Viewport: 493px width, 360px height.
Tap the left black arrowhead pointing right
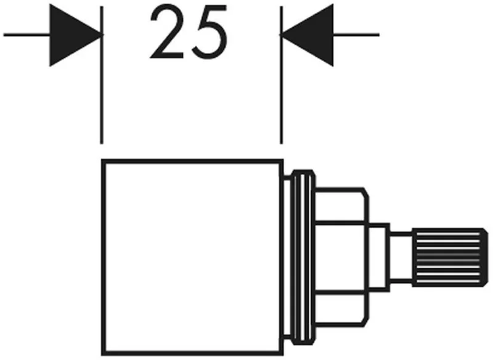pyautogui.click(x=75, y=35)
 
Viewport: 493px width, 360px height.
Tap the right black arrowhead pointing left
pyautogui.click(x=307, y=35)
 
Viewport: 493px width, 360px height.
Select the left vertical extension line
pyautogui.click(x=102, y=75)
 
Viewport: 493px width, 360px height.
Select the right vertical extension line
pyautogui.click(x=282, y=75)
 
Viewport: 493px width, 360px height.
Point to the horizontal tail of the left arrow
pyautogui.click(x=26, y=35)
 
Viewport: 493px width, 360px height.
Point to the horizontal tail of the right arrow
pyautogui.click(x=356, y=35)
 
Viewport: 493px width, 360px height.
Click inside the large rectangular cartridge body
pyautogui.click(x=192, y=257)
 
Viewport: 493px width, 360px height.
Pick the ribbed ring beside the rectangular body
pyautogui.click(x=303, y=257)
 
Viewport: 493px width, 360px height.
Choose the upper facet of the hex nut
pyautogui.click(x=341, y=206)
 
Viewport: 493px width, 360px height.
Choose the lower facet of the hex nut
pyautogui.click(x=341, y=309)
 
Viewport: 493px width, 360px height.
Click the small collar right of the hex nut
pyautogui.click(x=378, y=257)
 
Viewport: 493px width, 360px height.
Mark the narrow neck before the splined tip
pyautogui.click(x=401, y=257)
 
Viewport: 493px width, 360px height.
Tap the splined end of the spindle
pyautogui.click(x=450, y=258)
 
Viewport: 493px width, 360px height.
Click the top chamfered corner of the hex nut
pyautogui.click(x=366, y=192)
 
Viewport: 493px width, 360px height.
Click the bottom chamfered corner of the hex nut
pyautogui.click(x=366, y=322)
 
